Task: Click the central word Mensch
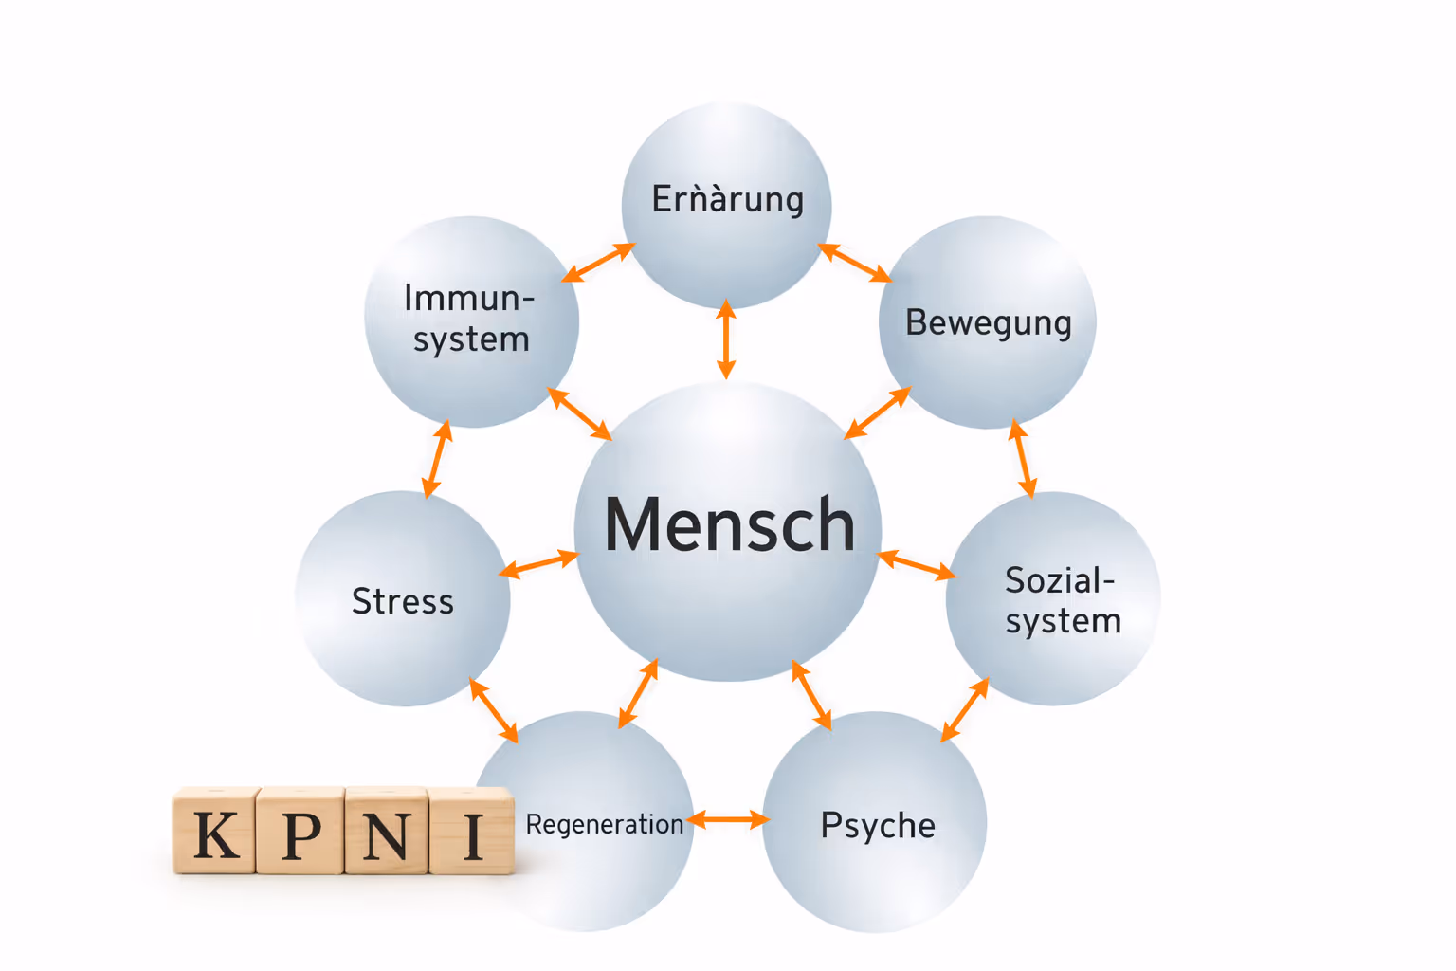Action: [729, 524]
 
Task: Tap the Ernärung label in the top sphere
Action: [727, 200]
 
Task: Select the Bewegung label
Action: [988, 322]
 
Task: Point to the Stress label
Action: [403, 601]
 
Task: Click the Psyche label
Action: [878, 825]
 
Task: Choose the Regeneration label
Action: [605, 824]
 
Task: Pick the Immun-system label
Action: [470, 319]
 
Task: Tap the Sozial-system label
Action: [1063, 600]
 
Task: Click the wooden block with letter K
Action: [216, 832]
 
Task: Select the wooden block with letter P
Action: [301, 832]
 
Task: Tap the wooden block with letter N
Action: [386, 832]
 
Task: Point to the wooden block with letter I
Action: [472, 832]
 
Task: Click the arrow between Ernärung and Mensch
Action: [726, 339]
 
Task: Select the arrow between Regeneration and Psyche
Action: [728, 819]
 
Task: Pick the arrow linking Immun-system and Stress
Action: [436, 460]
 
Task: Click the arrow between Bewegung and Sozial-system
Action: [1022, 459]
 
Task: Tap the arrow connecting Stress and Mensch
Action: [538, 564]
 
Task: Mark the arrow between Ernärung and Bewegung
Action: [854, 263]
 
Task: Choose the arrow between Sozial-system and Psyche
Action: [965, 709]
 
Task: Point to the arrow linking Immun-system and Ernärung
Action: [598, 263]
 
